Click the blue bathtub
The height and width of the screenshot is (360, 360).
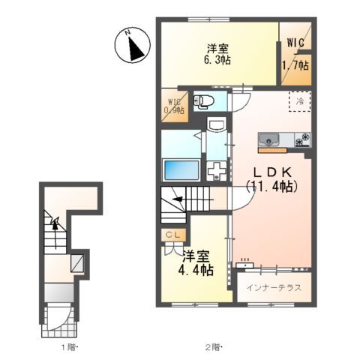(181, 169)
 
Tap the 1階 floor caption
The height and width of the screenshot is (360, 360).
(67, 346)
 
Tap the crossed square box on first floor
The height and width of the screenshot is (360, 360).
(77, 262)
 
